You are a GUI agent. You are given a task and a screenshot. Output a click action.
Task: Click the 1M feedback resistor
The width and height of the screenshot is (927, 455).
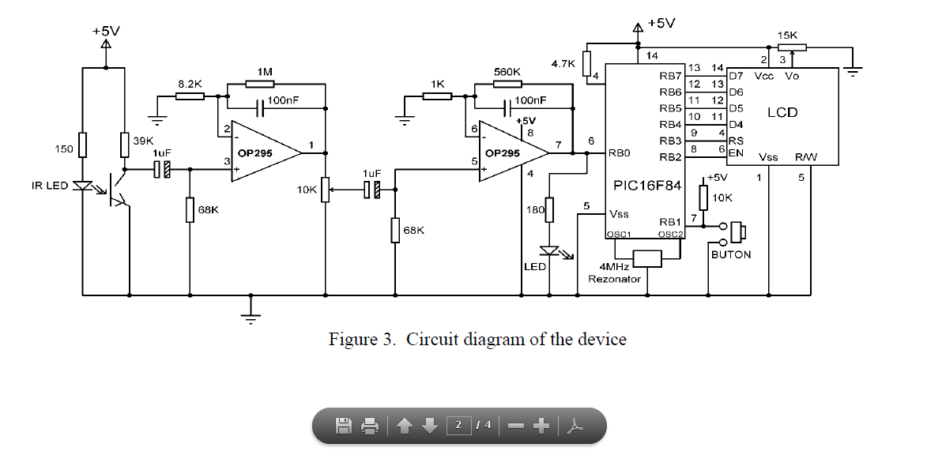[264, 83]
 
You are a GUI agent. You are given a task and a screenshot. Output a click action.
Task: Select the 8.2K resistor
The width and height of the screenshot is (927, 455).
[190, 96]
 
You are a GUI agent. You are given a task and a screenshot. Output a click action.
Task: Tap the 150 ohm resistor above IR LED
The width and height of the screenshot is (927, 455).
[82, 145]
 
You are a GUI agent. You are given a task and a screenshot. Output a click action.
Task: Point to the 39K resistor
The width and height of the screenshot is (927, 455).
[124, 145]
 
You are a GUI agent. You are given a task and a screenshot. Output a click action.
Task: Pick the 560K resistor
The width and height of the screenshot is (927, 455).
[507, 83]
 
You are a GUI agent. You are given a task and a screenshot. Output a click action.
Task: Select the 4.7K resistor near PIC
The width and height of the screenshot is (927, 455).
[586, 64]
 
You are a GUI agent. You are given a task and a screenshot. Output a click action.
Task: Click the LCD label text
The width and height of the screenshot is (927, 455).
[782, 113]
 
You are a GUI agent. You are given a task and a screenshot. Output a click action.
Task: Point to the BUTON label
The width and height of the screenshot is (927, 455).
[731, 255]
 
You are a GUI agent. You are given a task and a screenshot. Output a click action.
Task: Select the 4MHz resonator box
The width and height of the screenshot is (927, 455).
[647, 258]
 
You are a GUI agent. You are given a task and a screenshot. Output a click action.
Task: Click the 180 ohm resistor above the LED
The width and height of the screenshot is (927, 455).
[550, 210]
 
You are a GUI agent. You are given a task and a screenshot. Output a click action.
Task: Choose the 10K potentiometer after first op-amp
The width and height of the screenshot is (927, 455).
[325, 190]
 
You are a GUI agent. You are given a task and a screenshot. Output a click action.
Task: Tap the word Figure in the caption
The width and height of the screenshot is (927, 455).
[355, 340]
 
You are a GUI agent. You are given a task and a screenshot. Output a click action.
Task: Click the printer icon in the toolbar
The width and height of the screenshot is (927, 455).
[370, 426]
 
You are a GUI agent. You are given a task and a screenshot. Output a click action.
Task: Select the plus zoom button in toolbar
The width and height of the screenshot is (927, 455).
[541, 426]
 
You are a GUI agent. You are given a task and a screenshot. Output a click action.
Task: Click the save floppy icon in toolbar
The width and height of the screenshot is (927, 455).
[344, 426]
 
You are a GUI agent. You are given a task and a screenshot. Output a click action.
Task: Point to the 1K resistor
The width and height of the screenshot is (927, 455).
[437, 96]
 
